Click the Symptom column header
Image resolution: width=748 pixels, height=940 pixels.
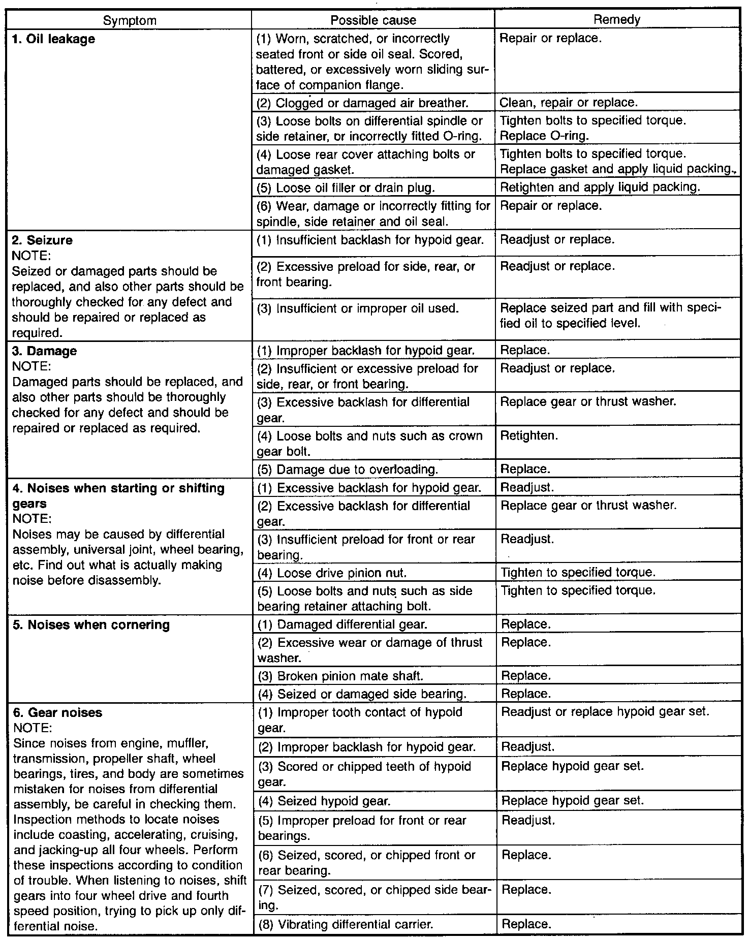coord(130,21)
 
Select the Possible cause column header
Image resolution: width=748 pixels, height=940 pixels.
coord(373,20)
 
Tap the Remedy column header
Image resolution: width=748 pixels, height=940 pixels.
coord(617,20)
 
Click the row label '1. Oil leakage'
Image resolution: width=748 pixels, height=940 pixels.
coord(53,39)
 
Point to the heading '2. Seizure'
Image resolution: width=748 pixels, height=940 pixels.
coord(42,240)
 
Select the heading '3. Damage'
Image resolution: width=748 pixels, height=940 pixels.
coord(44,351)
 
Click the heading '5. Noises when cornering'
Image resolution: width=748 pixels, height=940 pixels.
coord(91,624)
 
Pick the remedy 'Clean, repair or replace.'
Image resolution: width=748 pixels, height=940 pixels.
coord(568,103)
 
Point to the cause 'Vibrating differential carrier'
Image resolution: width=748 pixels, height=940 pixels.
coord(346,924)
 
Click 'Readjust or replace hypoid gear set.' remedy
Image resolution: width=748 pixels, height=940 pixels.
coord(605,712)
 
